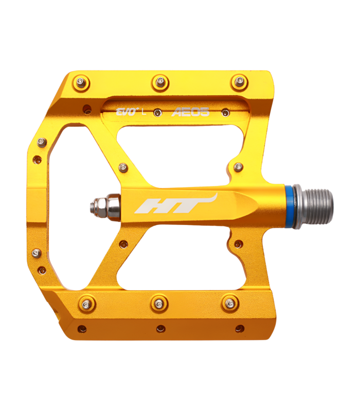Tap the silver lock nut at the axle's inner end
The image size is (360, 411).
pyautogui.click(x=109, y=207)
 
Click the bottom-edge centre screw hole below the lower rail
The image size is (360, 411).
pyautogui.click(x=161, y=329)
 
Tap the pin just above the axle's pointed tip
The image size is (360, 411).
pyautogui.click(x=239, y=167)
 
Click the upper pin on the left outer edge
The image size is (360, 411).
pyautogui.click(x=42, y=142)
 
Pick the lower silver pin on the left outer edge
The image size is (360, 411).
pyautogui.click(x=36, y=253)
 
